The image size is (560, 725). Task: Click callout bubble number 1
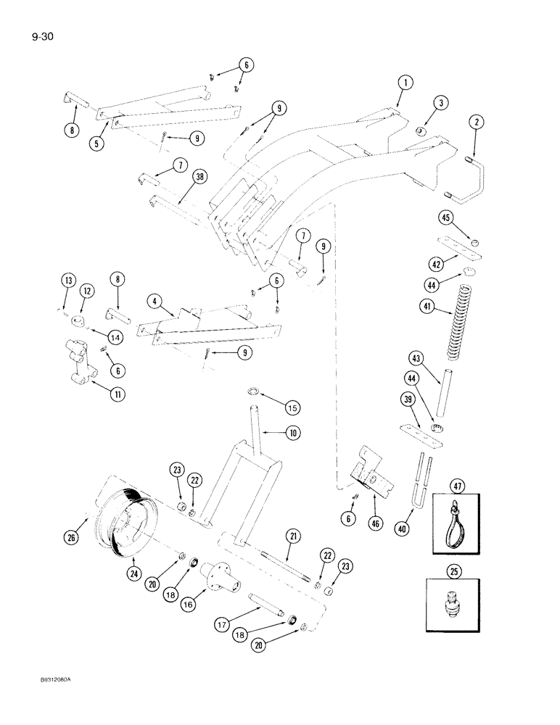point(406,83)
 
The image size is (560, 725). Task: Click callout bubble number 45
point(445,218)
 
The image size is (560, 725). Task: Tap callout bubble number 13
point(67,281)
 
